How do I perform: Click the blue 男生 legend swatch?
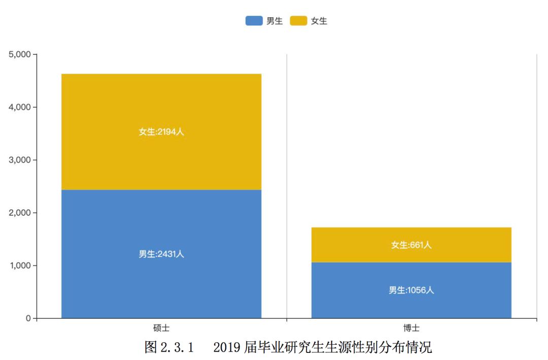254,21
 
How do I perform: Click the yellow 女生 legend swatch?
298,21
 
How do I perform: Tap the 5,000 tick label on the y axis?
20,54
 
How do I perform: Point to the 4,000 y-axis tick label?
20,107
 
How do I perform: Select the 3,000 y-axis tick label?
20,160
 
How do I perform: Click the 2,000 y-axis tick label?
20,213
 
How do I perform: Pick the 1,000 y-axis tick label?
20,266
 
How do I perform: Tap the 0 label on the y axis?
28,318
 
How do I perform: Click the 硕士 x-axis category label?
161,329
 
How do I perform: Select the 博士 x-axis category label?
412,329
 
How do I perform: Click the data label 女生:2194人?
161,132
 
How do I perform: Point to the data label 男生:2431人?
161,254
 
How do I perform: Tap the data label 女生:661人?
412,245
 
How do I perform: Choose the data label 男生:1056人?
412,290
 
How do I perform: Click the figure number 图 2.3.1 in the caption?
169,348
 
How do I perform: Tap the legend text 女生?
319,21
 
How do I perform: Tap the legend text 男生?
275,21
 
